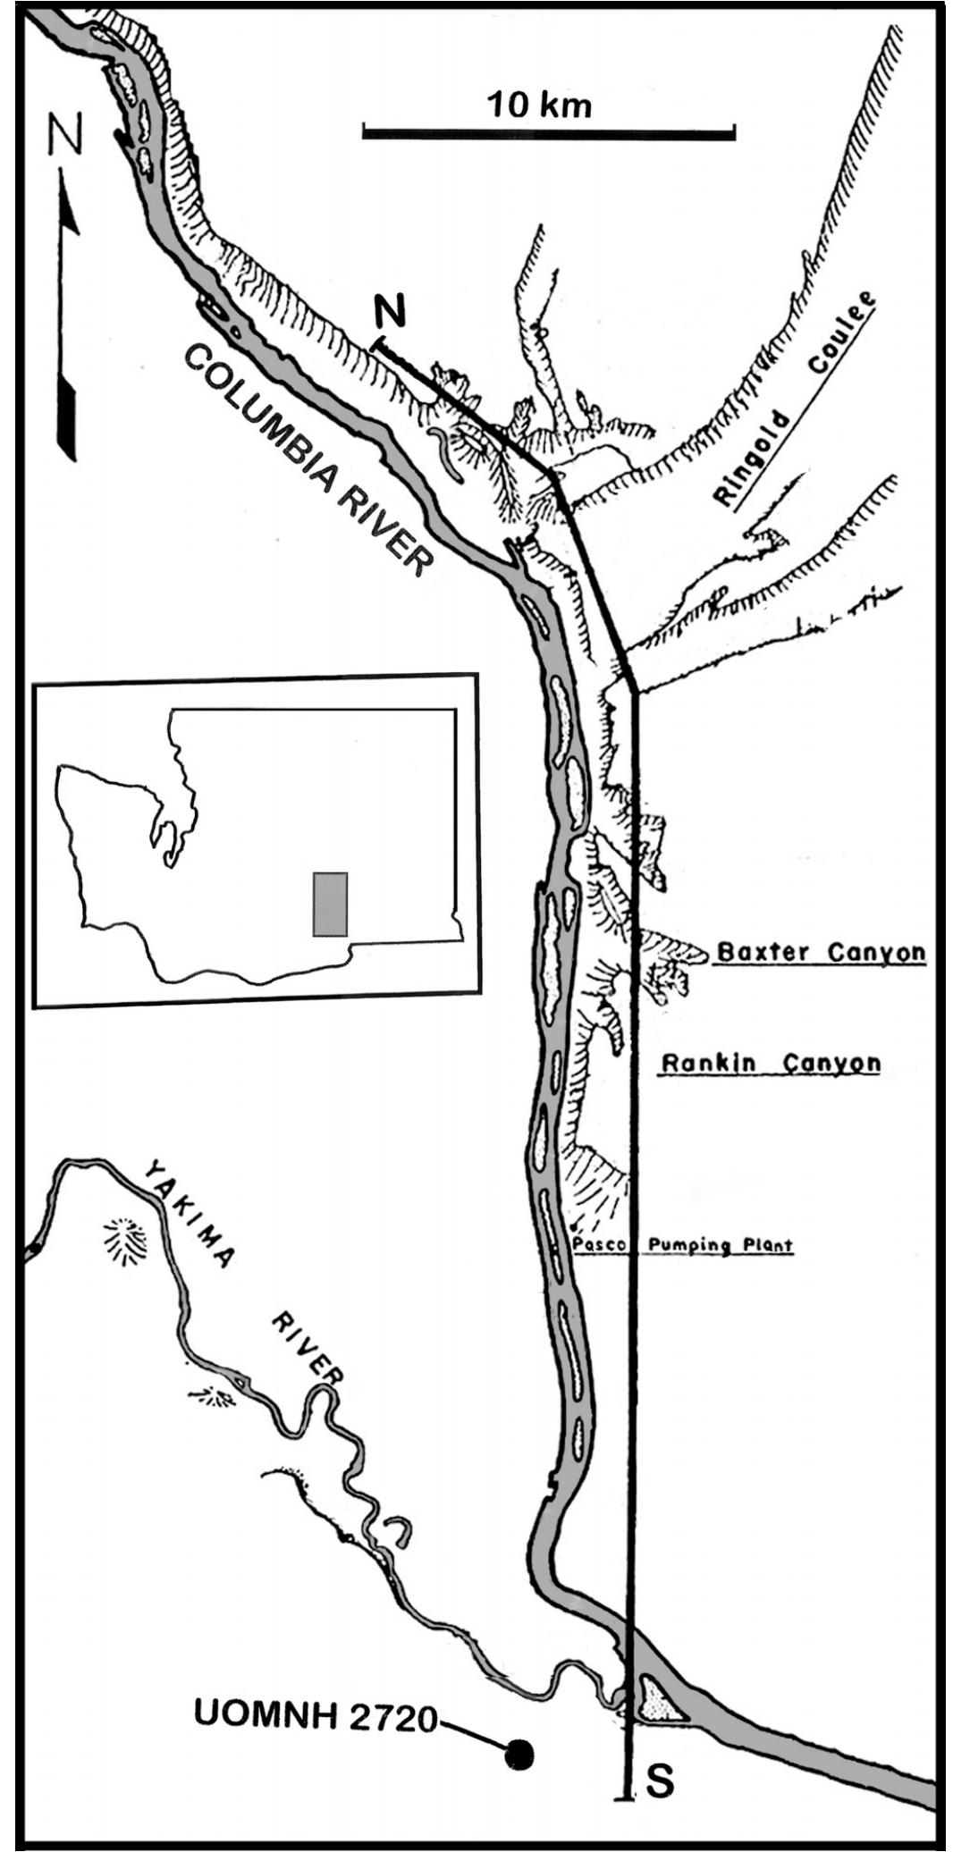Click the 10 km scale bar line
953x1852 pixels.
click(x=548, y=133)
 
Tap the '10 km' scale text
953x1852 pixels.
click(x=539, y=105)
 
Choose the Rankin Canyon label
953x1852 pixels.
click(x=771, y=1064)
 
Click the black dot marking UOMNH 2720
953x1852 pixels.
click(x=518, y=1755)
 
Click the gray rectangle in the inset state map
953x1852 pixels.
click(x=330, y=904)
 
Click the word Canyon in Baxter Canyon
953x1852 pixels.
click(x=874, y=953)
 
